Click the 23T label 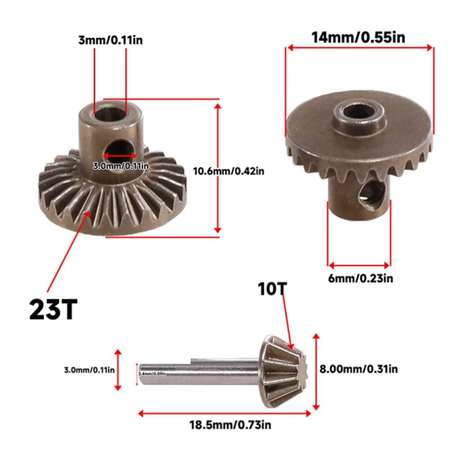pos(53,309)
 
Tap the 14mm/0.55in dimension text pos(358,37)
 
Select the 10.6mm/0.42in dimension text pos(229,171)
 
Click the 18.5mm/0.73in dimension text pos(230,425)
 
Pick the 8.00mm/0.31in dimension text pos(359,369)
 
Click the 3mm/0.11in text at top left pos(110,40)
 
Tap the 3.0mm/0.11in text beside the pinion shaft pos(89,370)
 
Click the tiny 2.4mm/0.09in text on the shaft pos(152,374)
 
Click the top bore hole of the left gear pos(110,112)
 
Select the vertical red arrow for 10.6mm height pos(218,168)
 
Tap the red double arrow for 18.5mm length pos(225,413)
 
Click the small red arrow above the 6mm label pos(359,264)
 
